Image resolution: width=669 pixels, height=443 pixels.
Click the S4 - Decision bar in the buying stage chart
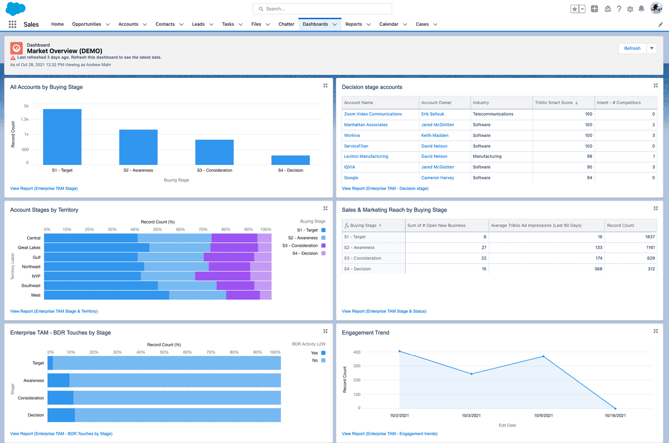(291, 160)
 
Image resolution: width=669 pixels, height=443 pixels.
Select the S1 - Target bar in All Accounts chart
(62, 137)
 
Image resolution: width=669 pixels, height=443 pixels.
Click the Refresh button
(632, 48)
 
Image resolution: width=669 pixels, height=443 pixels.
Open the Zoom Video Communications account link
(373, 114)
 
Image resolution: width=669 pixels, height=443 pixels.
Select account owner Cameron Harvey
(437, 178)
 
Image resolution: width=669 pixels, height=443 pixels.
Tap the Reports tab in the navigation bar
(354, 24)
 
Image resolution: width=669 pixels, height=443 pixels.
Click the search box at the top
(323, 9)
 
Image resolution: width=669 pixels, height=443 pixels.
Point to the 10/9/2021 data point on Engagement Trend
(543, 356)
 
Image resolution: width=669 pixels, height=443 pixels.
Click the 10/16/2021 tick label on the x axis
(615, 415)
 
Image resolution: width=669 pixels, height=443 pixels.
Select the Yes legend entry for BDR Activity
(314, 353)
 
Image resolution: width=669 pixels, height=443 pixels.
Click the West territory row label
(35, 295)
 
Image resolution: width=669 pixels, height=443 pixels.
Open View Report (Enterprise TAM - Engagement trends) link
(389, 434)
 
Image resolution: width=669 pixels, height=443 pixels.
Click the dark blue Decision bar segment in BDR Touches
(61, 415)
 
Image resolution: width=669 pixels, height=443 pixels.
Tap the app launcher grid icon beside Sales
(12, 24)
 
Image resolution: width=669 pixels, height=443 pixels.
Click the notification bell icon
(641, 9)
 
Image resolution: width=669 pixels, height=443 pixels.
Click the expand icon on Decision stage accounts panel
(656, 86)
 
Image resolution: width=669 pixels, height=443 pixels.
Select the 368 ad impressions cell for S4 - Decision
(598, 269)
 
